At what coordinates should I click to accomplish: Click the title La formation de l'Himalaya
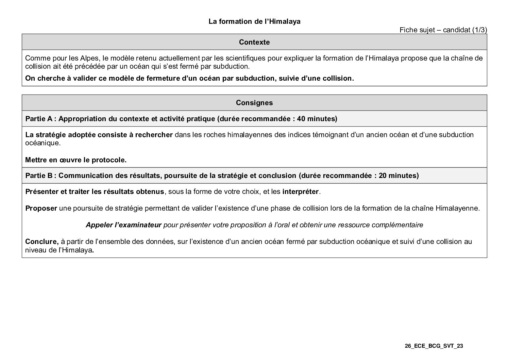[x=254, y=21]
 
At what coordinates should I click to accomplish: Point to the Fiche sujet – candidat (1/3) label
[x=443, y=30]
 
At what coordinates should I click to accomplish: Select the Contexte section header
[x=254, y=42]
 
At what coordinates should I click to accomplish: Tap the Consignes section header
[x=254, y=103]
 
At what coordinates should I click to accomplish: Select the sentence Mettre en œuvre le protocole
[x=76, y=160]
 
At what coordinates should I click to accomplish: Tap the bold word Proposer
[x=41, y=208]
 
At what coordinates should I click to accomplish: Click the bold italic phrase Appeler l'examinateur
[x=123, y=225]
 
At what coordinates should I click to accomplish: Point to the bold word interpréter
[x=300, y=192]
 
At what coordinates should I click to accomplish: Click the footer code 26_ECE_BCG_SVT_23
[x=434, y=346]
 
